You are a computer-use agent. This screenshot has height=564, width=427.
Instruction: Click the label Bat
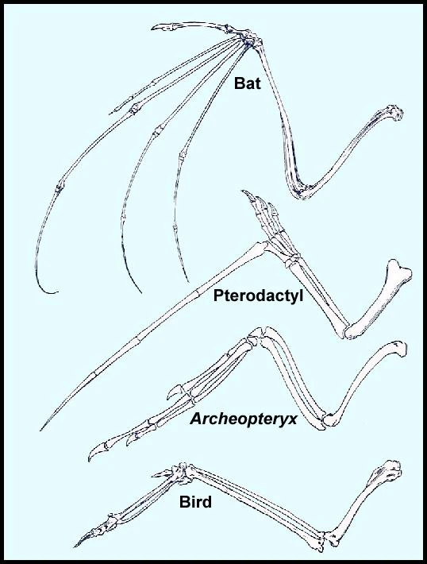click(x=248, y=83)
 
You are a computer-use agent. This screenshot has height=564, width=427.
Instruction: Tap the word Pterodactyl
click(x=259, y=296)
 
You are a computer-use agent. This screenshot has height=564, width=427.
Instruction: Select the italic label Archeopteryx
click(x=244, y=419)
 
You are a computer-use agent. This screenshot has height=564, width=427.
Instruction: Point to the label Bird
click(x=195, y=502)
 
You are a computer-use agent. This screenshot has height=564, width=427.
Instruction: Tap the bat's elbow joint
click(x=302, y=192)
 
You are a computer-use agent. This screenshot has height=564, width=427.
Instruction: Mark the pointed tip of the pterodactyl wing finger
click(x=41, y=430)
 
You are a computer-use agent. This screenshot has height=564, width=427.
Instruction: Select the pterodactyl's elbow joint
click(x=347, y=331)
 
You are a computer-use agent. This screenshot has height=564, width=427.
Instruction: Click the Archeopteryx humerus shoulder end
click(x=399, y=347)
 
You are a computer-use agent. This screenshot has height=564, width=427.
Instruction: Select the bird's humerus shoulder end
click(x=391, y=470)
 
